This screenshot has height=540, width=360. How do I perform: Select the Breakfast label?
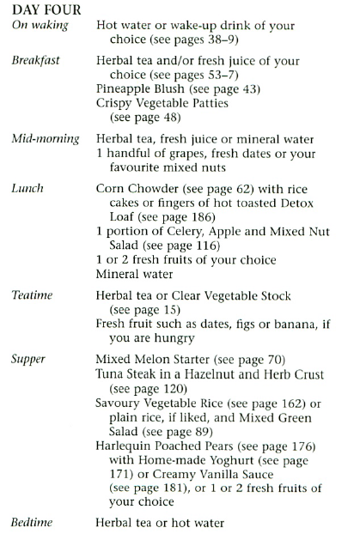click(34, 63)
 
